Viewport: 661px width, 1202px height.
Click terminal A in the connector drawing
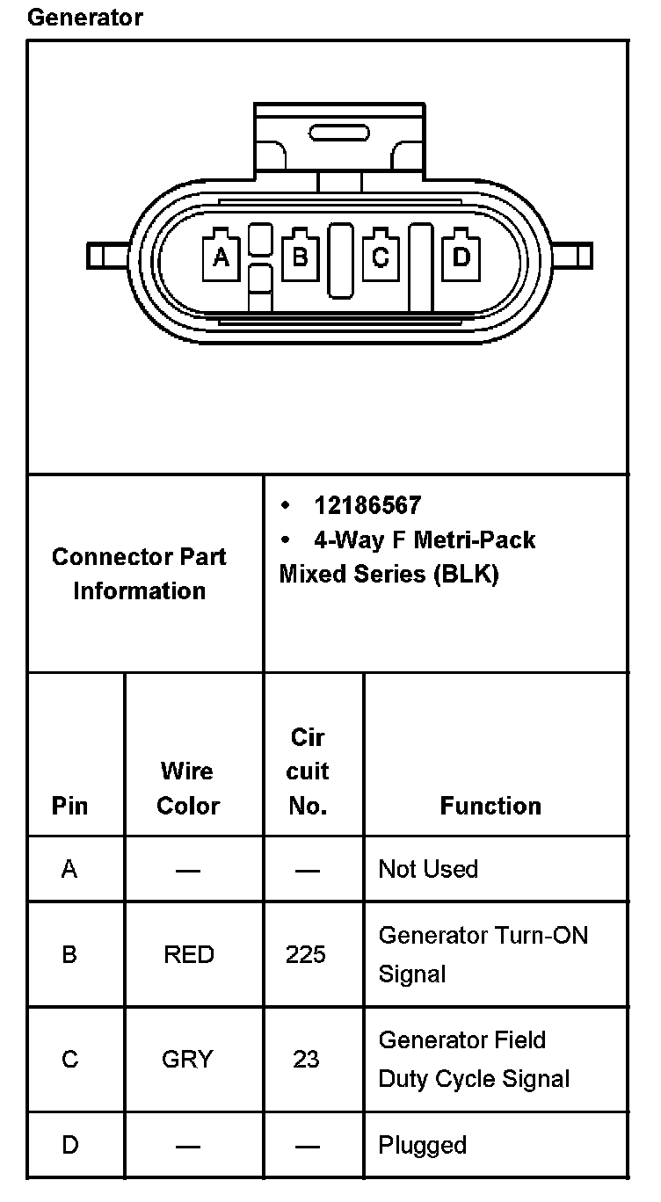pos(221,257)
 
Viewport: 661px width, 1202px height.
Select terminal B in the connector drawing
pos(300,257)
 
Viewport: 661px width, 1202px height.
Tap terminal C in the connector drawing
pos(380,257)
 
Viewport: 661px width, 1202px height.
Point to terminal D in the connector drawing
pos(461,257)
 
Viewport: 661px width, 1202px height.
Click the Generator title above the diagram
pos(85,18)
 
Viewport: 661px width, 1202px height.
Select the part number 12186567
pos(367,505)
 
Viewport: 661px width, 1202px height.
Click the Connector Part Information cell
pos(139,574)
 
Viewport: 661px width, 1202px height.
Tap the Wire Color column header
pos(187,788)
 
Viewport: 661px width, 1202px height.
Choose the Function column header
pos(490,806)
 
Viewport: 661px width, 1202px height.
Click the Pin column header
pos(69,806)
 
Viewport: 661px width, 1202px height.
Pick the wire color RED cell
pos(188,955)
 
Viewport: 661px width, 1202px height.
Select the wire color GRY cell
pos(187,1060)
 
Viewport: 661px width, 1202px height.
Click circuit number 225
pos(306,955)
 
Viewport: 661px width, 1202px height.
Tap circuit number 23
pos(306,1060)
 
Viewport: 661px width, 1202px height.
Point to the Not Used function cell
pos(428,869)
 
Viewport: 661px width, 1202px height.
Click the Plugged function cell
pos(422,1145)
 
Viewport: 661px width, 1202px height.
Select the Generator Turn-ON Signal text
pos(483,954)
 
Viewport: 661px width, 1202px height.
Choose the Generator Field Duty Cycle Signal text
pos(474,1060)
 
